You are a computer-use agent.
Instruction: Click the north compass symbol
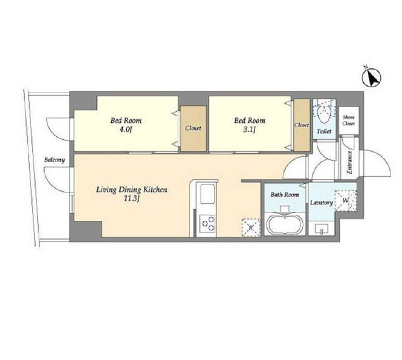(x=372, y=77)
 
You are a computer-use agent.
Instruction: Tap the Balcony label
(x=54, y=160)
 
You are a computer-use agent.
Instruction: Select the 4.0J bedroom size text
(x=126, y=130)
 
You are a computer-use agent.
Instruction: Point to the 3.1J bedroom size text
(x=250, y=130)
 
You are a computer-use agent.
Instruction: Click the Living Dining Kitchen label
(x=132, y=190)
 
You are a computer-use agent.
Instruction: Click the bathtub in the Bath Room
(x=285, y=225)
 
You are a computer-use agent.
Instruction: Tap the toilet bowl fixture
(x=324, y=113)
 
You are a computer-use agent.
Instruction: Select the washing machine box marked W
(x=346, y=201)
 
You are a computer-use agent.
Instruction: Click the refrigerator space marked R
(x=251, y=227)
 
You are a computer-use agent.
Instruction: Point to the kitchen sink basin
(x=207, y=194)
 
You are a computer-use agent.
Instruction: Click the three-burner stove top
(x=207, y=223)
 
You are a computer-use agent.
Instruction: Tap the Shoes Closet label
(x=348, y=120)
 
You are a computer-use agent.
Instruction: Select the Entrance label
(x=349, y=163)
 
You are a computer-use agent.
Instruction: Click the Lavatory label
(x=322, y=203)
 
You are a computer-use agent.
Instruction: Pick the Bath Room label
(x=285, y=195)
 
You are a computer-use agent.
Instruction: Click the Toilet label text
(x=324, y=131)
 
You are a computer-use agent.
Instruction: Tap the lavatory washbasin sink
(x=322, y=228)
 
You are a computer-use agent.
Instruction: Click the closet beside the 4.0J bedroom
(x=193, y=128)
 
